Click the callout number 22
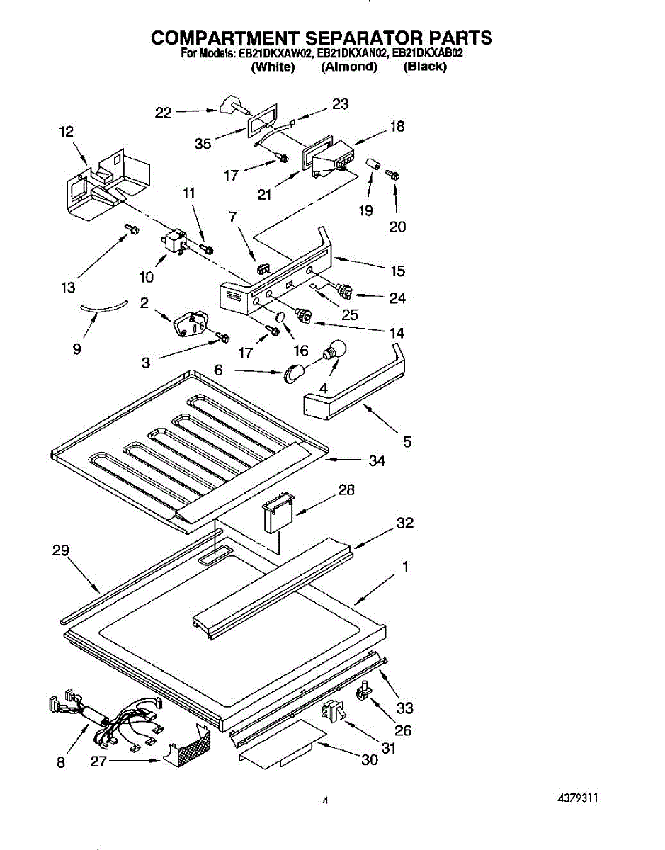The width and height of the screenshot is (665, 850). [164, 113]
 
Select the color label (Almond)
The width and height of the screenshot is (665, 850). [349, 67]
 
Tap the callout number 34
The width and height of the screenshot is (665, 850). [377, 461]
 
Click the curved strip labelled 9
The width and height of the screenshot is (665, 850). [103, 306]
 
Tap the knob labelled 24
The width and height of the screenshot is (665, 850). [345, 291]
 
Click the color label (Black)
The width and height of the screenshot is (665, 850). [425, 67]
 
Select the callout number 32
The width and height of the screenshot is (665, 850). [405, 523]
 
